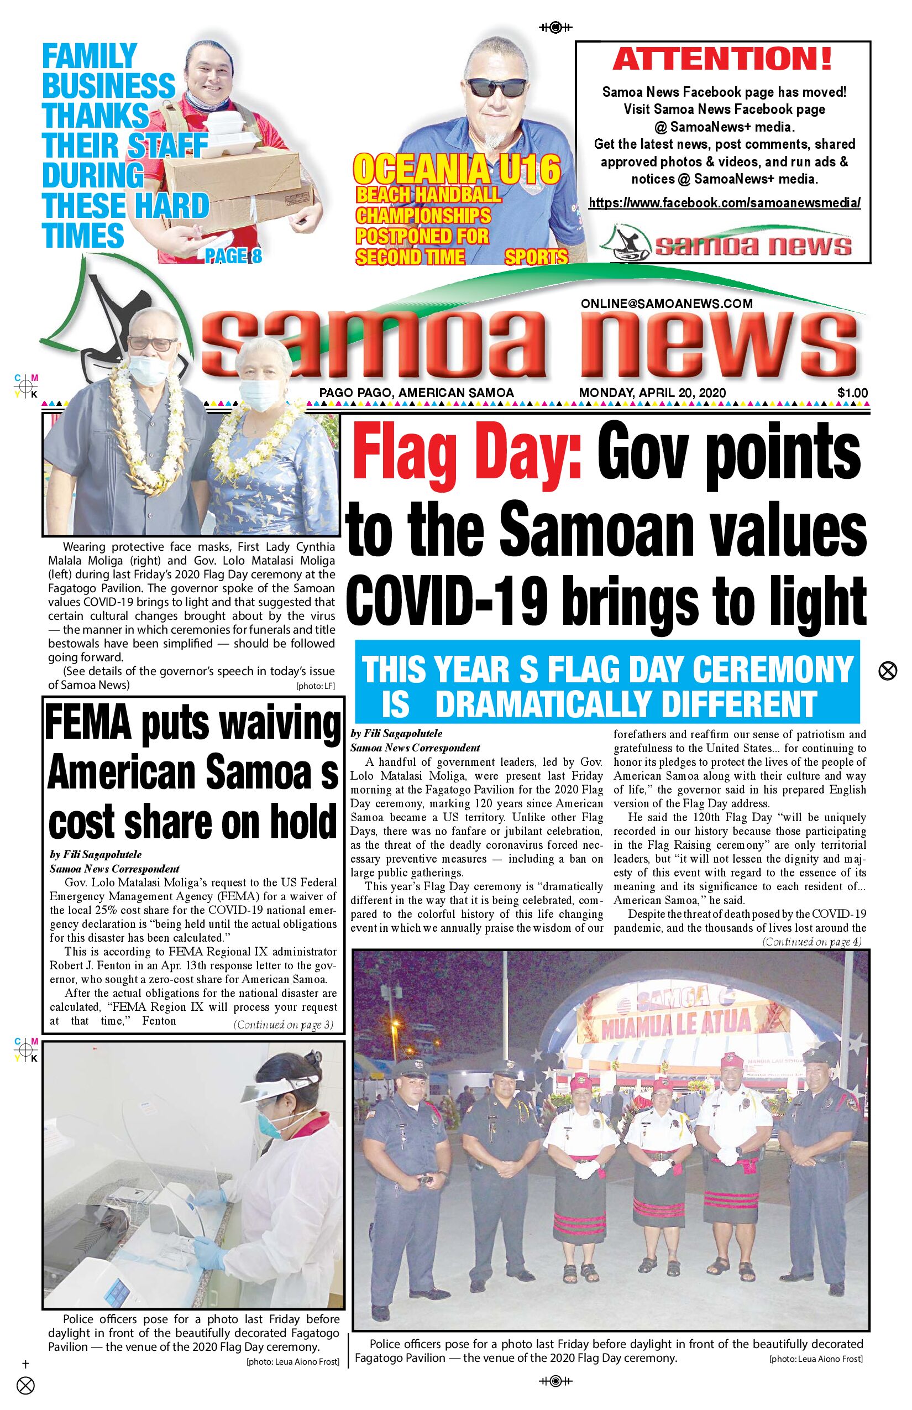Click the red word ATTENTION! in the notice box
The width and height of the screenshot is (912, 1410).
pos(722,59)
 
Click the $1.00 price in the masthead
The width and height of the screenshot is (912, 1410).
pos(852,393)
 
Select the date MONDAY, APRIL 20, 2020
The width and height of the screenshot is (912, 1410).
pos(652,393)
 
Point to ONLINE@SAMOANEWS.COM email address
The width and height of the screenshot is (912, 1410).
pos(666,304)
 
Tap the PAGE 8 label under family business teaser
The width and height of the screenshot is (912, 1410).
pos(233,256)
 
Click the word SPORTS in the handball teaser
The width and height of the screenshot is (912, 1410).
pos(536,257)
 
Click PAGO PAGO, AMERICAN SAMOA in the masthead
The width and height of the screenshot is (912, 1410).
pos(416,393)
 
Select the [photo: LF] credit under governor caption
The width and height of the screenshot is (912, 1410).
pos(315,687)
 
